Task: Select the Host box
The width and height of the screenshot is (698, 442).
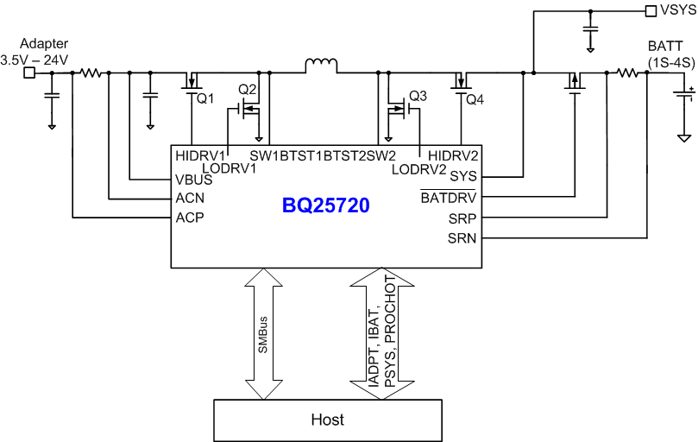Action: pos(327,420)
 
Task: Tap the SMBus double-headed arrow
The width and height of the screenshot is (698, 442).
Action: pos(263,332)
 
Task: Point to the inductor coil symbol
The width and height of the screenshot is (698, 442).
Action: pos(320,66)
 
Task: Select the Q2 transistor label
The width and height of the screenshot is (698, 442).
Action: pos(248,90)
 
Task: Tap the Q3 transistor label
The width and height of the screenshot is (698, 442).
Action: pos(418,95)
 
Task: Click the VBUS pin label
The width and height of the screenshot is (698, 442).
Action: pos(192,180)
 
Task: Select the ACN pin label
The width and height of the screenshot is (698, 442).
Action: pos(189,199)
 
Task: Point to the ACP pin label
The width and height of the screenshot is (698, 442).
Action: pos(189,218)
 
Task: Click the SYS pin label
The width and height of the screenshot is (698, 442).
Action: pos(462,176)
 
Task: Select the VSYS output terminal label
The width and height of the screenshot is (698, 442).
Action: pos(675,11)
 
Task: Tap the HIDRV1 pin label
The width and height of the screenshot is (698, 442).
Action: pos(198,155)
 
